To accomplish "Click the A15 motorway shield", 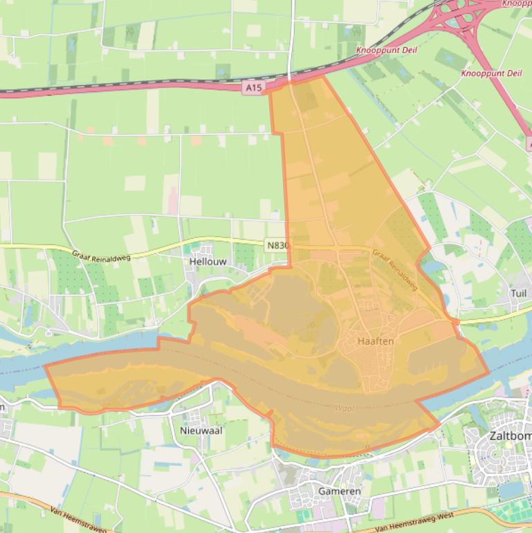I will [x=253, y=88].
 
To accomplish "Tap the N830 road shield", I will [x=278, y=245].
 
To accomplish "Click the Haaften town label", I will [x=376, y=341].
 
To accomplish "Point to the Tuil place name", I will [x=518, y=293].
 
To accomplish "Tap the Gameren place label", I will [x=339, y=491].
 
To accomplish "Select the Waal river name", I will [x=344, y=408].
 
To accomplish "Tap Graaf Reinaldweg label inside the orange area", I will [x=394, y=269].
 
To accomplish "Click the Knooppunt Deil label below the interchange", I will [x=491, y=73].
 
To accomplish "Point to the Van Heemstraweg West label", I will [x=412, y=517].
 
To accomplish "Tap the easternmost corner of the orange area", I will [x=488, y=372].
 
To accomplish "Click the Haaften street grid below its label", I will [x=377, y=367].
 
